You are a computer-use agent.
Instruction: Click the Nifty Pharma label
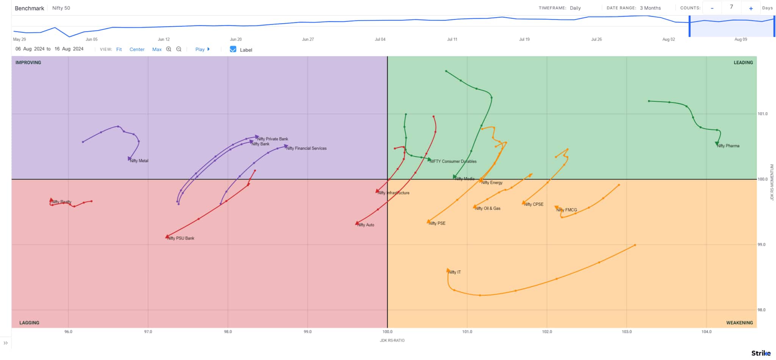728,146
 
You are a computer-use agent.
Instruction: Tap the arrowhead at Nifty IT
449,271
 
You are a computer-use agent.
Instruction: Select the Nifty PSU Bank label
181,238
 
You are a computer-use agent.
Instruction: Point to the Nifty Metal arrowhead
130,159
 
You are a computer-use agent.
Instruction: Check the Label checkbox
233,49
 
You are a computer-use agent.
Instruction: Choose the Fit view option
119,49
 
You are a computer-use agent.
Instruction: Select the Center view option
137,49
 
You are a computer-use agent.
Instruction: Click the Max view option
157,49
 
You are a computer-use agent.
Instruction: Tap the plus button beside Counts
751,8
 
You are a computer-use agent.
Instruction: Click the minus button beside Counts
712,8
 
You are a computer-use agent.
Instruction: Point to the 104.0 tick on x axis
706,332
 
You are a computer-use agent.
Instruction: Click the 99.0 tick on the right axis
762,245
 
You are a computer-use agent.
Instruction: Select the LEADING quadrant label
743,63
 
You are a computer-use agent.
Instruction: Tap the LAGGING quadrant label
29,323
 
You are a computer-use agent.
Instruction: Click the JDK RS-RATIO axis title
392,340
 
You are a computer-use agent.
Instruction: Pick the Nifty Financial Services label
306,149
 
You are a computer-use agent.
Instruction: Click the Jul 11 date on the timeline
452,39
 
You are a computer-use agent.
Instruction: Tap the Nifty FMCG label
567,210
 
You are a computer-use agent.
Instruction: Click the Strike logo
760,353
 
